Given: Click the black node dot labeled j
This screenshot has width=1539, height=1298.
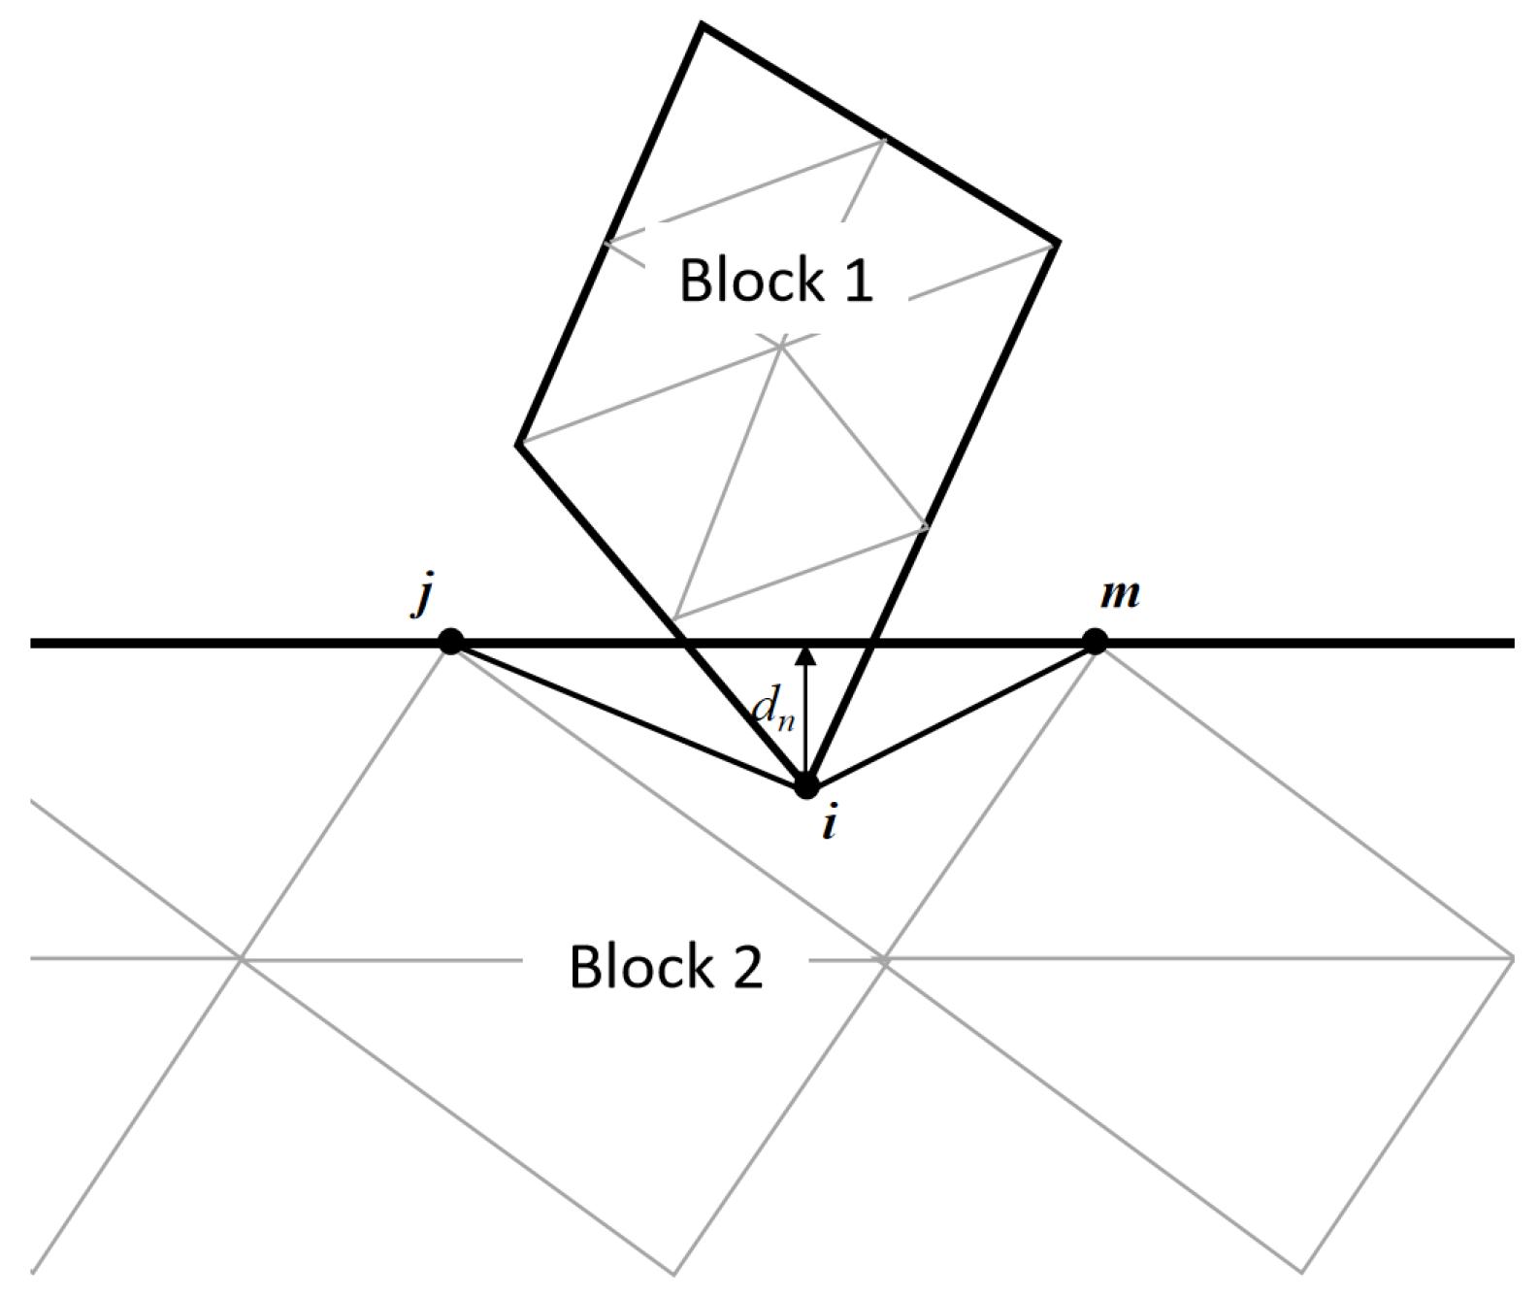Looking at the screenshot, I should pos(450,642).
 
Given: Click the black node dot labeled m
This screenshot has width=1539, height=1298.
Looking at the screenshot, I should pos(1095,642).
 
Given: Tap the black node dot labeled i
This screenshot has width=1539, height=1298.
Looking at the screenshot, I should pos(806,785).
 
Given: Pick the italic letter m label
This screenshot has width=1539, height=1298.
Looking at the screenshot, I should pos(1120,592).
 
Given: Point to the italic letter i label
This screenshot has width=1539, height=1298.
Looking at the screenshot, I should pos(828,825).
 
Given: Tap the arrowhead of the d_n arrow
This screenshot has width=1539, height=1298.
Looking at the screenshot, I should pos(805,653).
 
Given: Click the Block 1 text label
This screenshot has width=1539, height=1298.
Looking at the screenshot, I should pos(775,281).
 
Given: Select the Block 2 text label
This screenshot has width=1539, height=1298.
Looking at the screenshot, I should pos(666,967).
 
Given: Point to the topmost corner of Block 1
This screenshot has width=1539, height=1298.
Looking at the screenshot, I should pos(702,26).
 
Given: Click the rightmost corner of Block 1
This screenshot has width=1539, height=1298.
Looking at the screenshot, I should pos(1056,241).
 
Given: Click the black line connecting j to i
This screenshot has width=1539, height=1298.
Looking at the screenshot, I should pos(628,714).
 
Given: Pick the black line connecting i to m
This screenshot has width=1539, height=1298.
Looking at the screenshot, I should pos(951,714).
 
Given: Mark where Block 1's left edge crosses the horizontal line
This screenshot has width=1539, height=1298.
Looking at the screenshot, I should pos(686,642).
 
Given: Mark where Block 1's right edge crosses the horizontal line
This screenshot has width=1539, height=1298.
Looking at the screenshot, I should pos(872,642).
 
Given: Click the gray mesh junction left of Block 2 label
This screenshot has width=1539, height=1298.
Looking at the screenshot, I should pos(242,959).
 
